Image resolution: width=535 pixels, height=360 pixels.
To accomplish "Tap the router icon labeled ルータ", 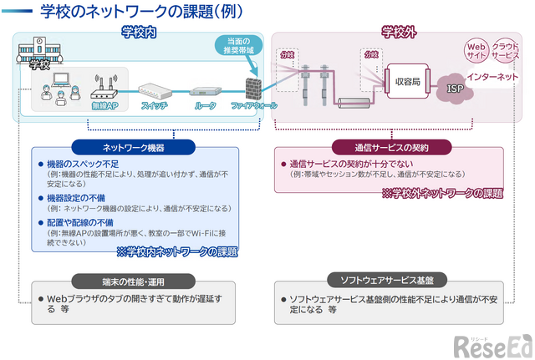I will pyautogui.click(x=205, y=92).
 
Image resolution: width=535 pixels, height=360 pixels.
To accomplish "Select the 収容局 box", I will pyautogui.click(x=406, y=81).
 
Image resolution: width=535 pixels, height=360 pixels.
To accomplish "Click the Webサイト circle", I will pyautogui.click(x=476, y=49).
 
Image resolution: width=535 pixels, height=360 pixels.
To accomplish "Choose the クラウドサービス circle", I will pyautogui.click(x=505, y=49).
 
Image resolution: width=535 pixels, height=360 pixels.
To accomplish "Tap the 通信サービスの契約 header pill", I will pyautogui.click(x=391, y=148).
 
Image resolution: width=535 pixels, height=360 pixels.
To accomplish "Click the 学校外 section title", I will pyautogui.click(x=398, y=33).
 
